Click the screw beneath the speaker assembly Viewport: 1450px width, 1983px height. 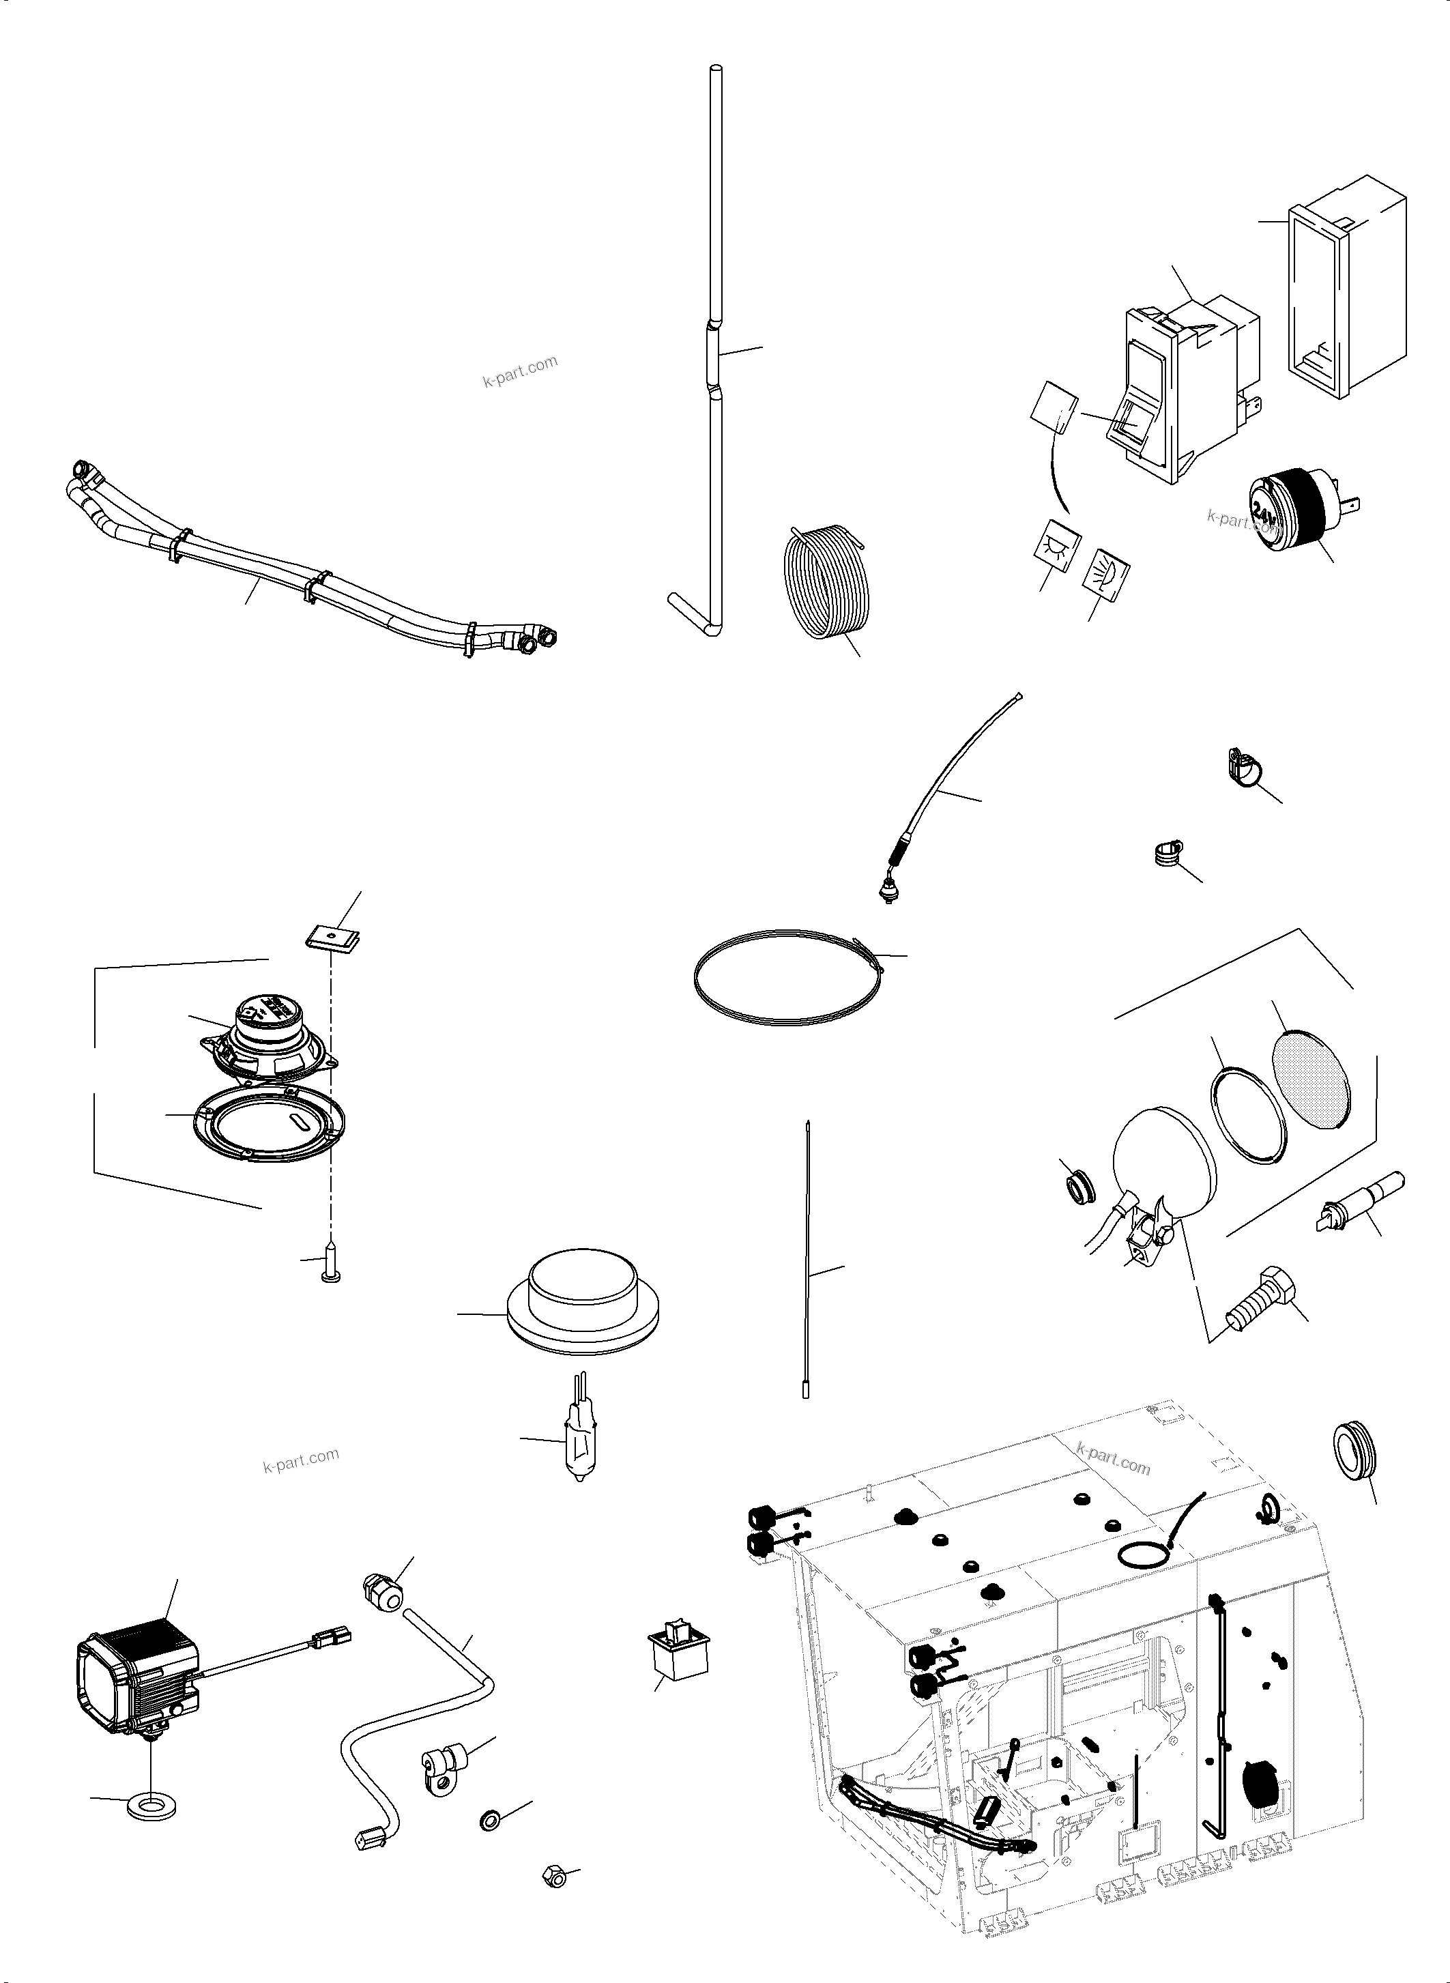coord(332,1262)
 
